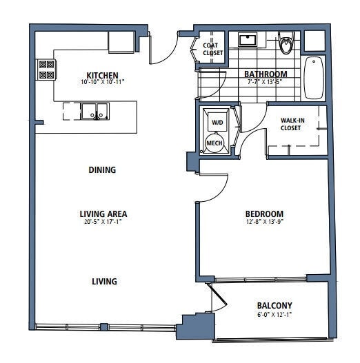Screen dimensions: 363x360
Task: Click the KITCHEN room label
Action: point(102,75)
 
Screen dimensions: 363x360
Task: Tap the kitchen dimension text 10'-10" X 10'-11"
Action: point(102,82)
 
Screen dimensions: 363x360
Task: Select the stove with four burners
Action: point(46,69)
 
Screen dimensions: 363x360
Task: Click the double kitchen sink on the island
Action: point(94,110)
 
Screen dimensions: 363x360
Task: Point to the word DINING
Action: point(102,169)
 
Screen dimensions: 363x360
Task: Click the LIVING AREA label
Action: point(103,214)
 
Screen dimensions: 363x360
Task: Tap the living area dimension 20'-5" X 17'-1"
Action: point(103,222)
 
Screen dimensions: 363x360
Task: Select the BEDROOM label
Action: point(264,214)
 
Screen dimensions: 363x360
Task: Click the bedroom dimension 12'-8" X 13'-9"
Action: point(264,222)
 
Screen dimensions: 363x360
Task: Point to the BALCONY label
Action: point(274,306)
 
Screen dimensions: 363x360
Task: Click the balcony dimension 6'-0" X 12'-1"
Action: point(274,315)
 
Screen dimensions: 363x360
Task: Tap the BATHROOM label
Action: point(266,74)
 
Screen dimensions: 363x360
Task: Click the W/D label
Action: point(217,123)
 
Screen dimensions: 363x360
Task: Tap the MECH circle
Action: point(215,143)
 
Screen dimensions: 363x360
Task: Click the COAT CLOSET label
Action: point(211,49)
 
